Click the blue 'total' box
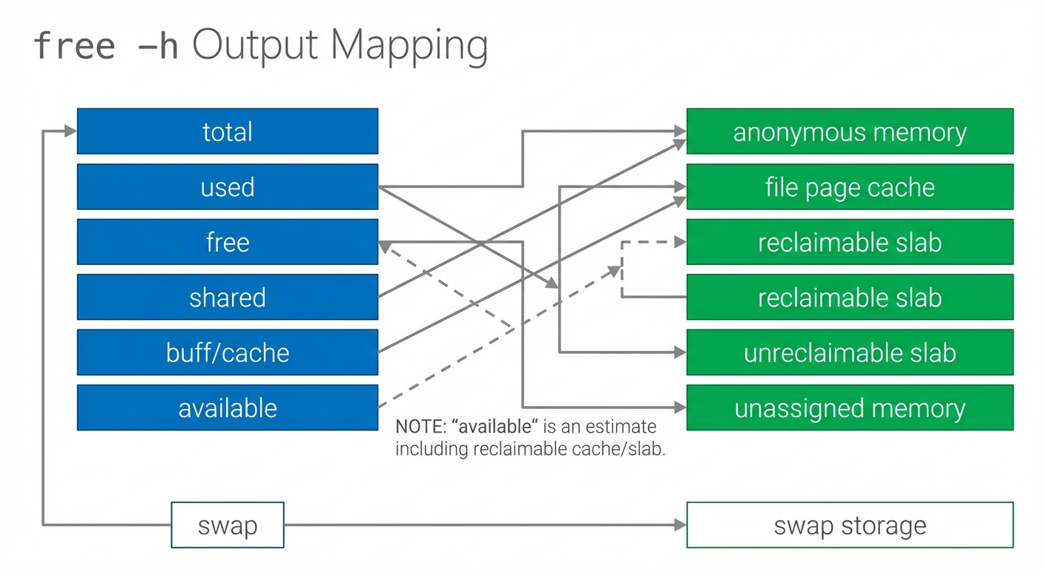point(227,131)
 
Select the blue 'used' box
point(227,187)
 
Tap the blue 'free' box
point(227,242)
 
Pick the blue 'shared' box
point(227,297)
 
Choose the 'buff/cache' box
point(227,353)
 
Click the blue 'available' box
point(227,407)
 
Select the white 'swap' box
point(227,525)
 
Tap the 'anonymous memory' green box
point(850,131)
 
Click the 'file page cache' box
point(850,187)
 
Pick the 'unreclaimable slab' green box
point(850,353)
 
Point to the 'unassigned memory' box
point(850,407)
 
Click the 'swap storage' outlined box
point(850,525)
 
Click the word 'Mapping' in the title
point(409,46)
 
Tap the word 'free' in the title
point(75,46)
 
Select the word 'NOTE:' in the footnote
point(420,427)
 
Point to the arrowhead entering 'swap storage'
point(681,525)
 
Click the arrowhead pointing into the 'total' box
point(71,131)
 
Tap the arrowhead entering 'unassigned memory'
point(681,407)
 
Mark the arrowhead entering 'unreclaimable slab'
point(681,353)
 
